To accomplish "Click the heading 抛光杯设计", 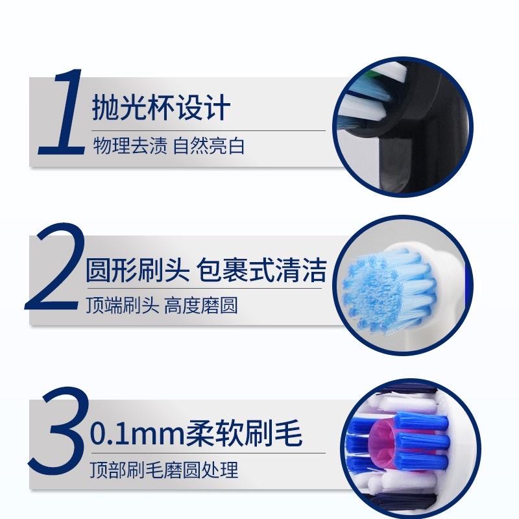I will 161,106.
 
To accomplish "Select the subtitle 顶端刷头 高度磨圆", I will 162,306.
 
